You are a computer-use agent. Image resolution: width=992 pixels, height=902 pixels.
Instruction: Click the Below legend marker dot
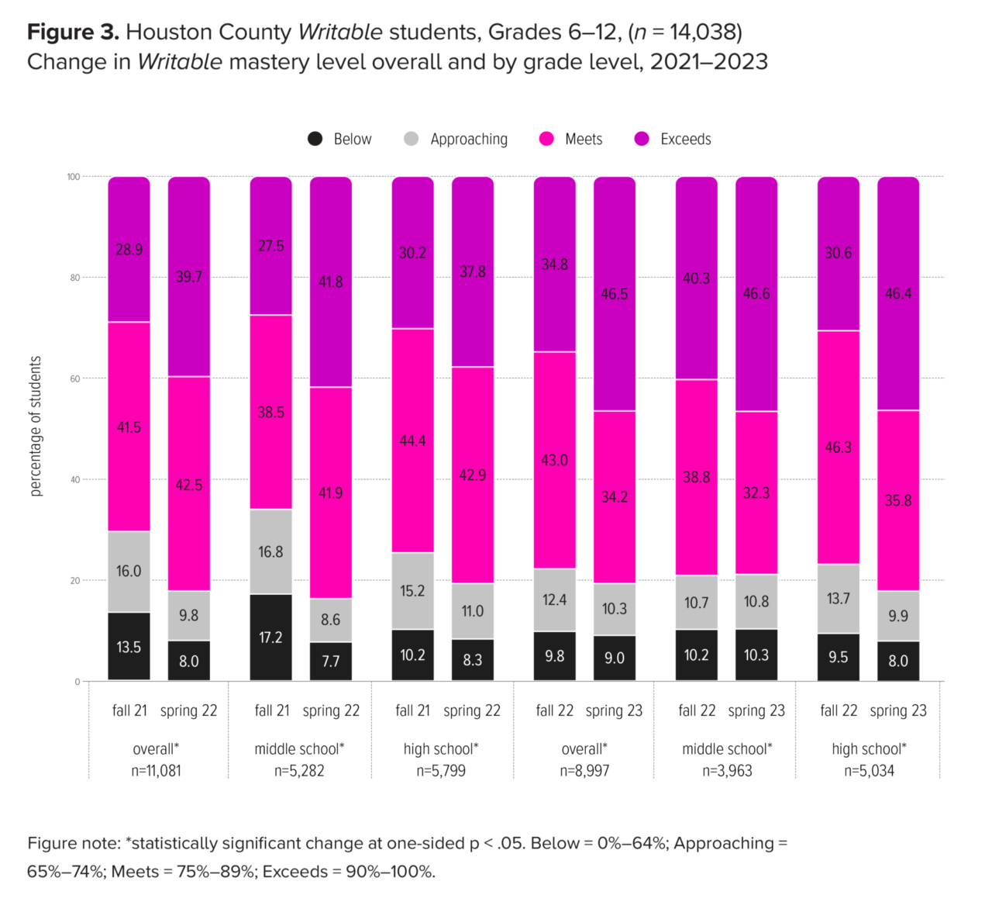315,139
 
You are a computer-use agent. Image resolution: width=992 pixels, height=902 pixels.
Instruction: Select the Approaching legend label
469,140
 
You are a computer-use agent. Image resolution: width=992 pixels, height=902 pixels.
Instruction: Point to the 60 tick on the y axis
75,378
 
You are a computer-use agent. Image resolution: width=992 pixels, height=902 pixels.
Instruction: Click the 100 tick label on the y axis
74,177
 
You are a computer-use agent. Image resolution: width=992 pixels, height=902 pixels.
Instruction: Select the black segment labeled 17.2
270,638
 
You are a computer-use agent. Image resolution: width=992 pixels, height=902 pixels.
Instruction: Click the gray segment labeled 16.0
129,572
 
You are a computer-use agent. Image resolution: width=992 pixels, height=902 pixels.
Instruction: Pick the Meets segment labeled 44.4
412,441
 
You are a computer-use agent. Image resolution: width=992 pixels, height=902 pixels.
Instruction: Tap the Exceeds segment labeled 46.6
756,294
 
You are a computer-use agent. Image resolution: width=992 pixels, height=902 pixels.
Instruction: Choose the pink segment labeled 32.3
756,492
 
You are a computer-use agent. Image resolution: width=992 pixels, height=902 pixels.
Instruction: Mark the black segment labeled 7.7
331,662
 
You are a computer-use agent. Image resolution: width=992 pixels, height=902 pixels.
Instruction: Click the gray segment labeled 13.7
839,599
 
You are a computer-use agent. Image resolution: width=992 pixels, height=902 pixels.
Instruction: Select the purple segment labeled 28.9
129,250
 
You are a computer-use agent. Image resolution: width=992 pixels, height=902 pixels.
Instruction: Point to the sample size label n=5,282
299,771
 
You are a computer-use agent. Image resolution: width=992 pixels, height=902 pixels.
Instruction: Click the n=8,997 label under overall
584,771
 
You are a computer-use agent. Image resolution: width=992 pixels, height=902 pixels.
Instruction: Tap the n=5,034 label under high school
869,771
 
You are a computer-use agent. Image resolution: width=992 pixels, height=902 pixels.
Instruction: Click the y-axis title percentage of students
36,427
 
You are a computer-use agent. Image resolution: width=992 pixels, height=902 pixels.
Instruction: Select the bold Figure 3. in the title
73,33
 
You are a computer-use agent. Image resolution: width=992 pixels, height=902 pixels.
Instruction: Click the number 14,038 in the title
702,33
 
